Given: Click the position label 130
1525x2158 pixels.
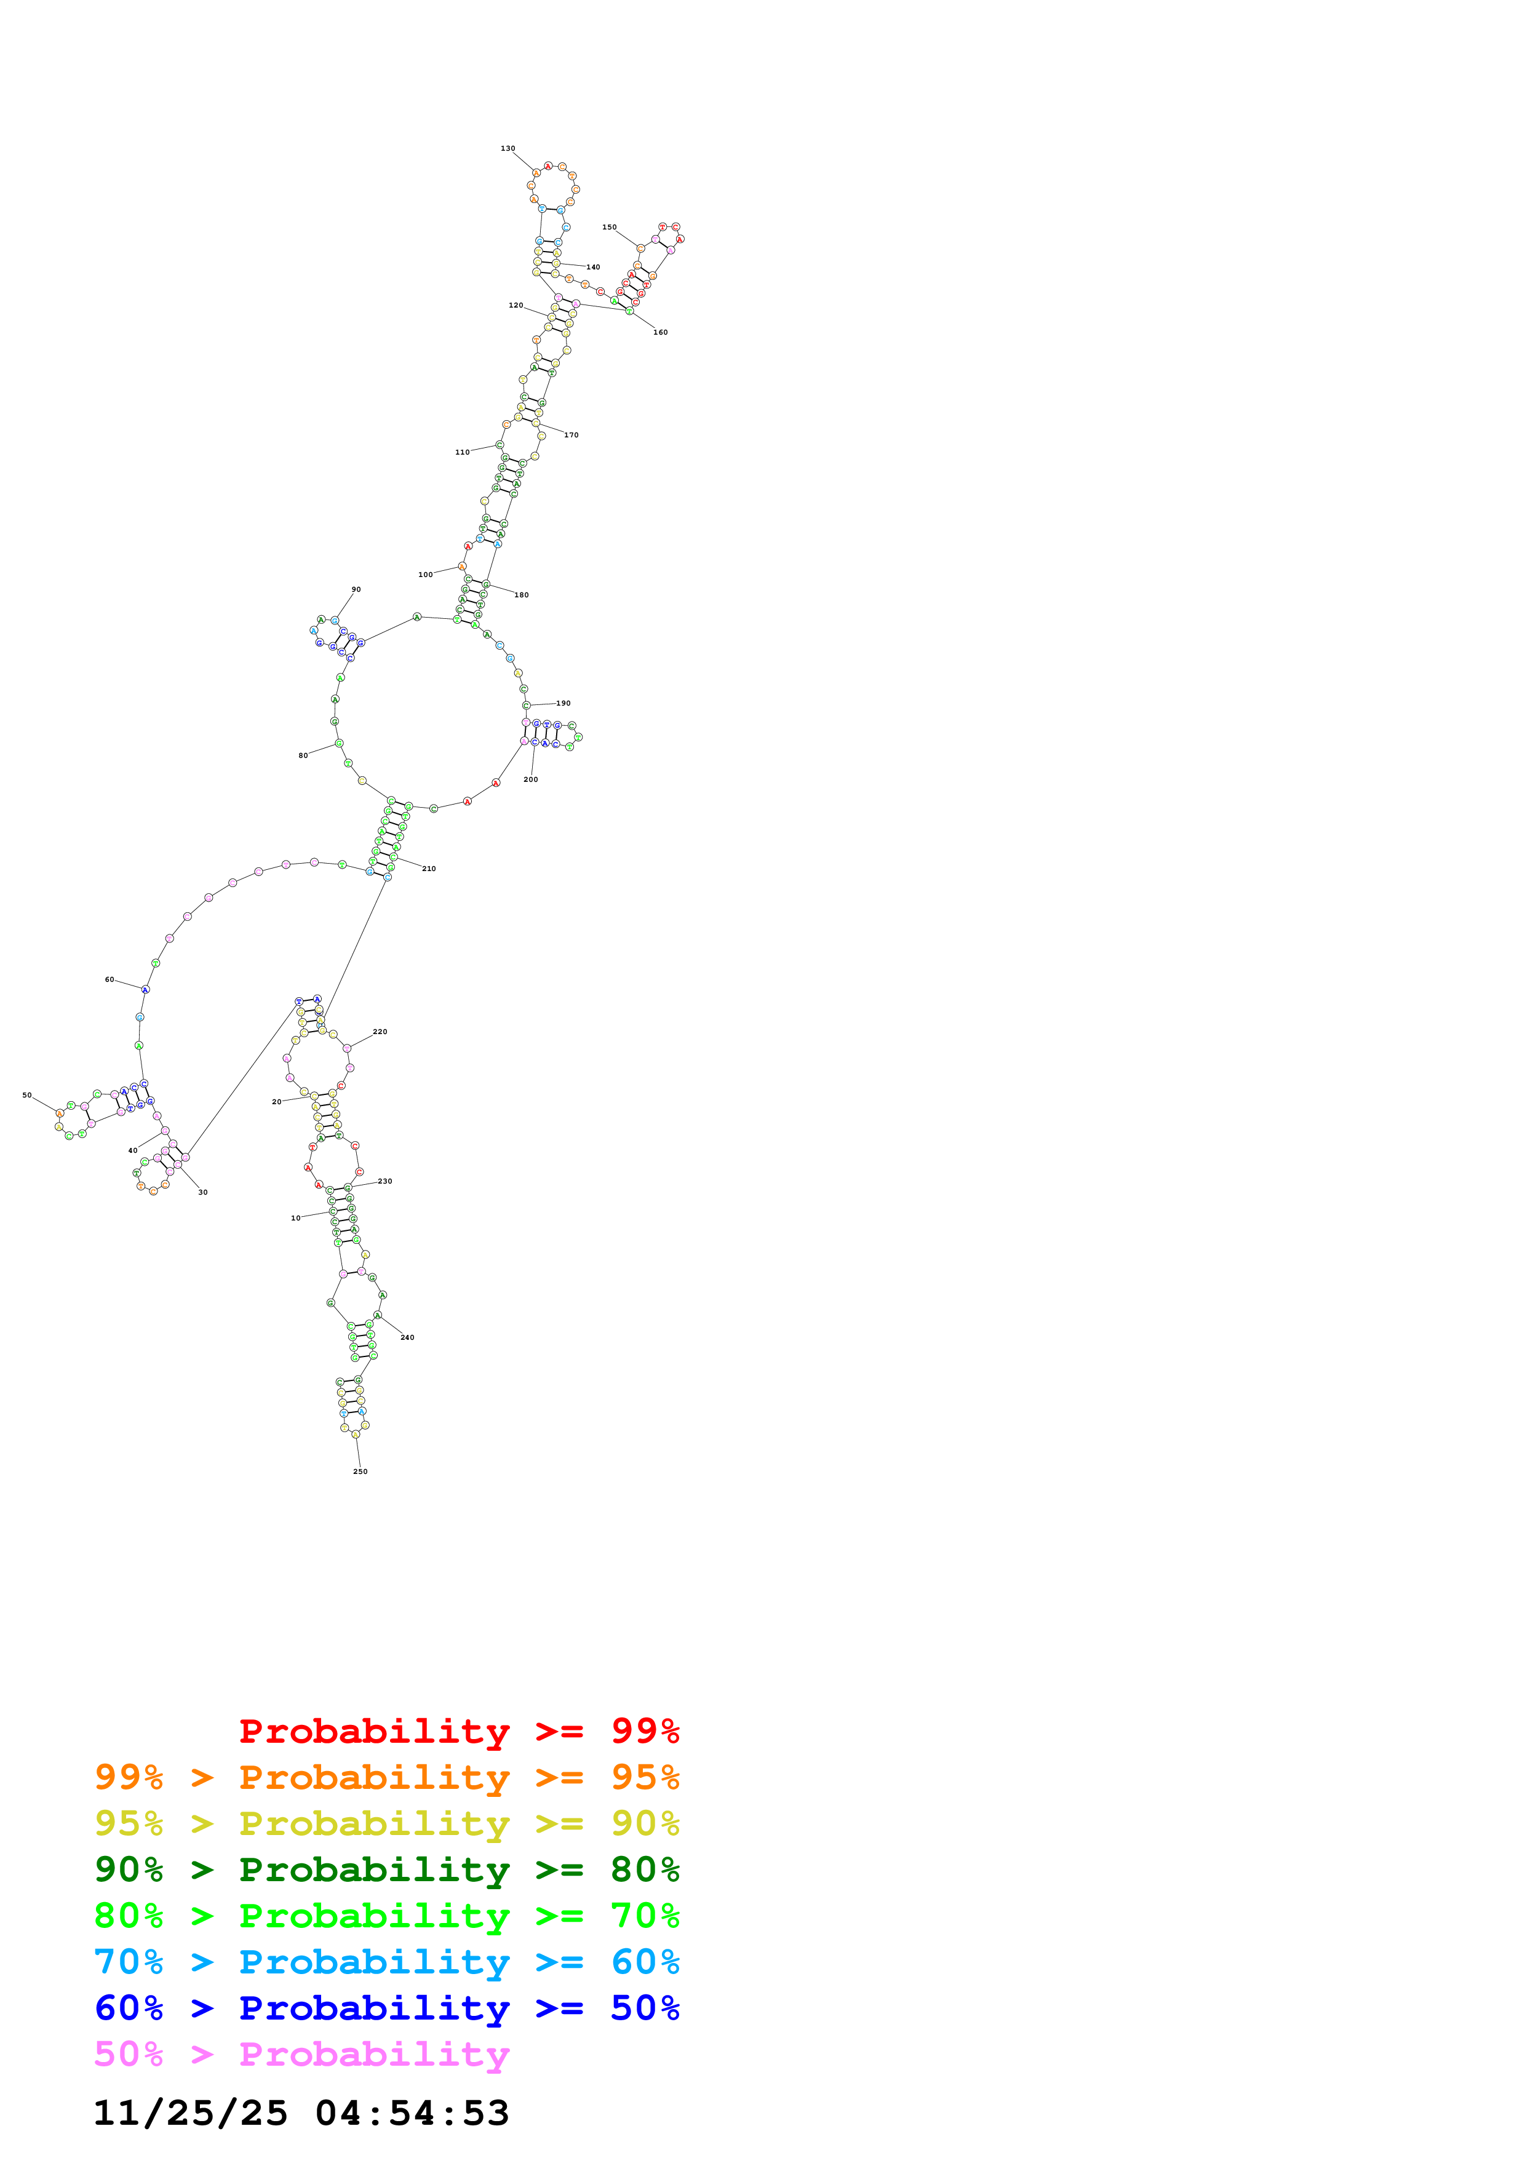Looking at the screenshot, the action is [508, 148].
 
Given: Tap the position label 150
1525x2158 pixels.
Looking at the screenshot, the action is [609, 228].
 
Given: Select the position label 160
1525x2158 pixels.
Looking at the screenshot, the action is [661, 333].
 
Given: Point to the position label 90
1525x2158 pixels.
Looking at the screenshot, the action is [356, 589].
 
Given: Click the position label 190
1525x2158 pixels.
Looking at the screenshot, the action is [563, 703].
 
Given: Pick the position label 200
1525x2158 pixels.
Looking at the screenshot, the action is [531, 779].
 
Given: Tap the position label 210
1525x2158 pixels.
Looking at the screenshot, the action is [429, 869].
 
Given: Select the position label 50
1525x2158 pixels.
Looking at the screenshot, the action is [27, 1095].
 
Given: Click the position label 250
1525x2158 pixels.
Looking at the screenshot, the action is [360, 1471].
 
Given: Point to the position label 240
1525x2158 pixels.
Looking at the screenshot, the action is [407, 1337].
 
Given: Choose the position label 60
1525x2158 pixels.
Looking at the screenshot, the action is [109, 979].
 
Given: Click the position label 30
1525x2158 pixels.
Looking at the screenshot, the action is [203, 1192].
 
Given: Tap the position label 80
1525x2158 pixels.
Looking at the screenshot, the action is [303, 755].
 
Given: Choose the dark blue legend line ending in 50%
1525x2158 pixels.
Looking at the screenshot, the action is [386, 2008].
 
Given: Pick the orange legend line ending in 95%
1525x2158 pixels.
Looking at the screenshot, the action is [386, 1777].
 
